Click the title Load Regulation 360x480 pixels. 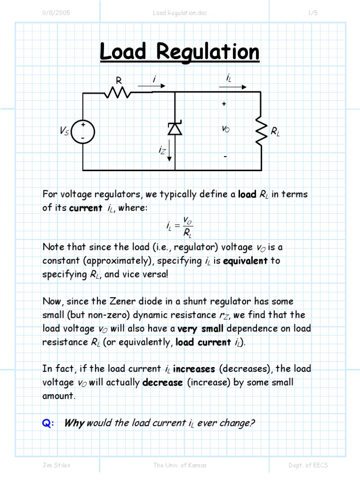(x=180, y=52)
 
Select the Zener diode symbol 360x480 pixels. (x=175, y=128)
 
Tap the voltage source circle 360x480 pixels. (x=83, y=132)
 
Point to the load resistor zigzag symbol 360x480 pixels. (x=261, y=132)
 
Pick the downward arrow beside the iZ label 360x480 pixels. (x=169, y=153)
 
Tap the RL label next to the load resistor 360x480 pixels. (x=275, y=132)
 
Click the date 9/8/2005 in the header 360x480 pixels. (x=56, y=13)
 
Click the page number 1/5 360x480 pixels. (x=313, y=13)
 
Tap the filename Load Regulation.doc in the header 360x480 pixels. (x=180, y=13)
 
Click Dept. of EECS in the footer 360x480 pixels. (x=308, y=465)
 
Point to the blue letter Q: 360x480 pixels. (x=48, y=423)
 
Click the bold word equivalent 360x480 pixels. (x=245, y=261)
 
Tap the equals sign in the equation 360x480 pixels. (x=176, y=226)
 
